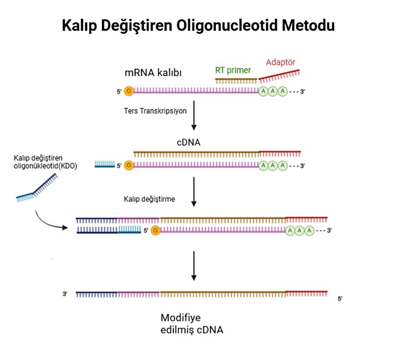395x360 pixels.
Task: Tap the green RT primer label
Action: tap(233, 70)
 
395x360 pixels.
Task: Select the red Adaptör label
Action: tap(281, 62)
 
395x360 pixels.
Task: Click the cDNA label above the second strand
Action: tap(188, 142)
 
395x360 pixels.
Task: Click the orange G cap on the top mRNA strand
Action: tap(129, 91)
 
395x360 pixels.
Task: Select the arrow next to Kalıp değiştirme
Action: tap(194, 191)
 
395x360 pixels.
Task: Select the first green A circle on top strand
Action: tap(263, 91)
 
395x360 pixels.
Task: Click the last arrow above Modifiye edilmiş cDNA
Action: tap(194, 265)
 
